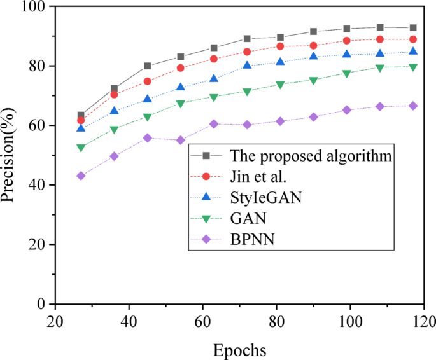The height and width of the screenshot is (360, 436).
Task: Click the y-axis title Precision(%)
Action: click(8, 155)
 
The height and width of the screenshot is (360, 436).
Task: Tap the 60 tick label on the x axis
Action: click(202, 319)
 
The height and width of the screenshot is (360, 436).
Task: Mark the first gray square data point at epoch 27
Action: click(81, 115)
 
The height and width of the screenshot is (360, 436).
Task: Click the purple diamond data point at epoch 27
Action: click(81, 176)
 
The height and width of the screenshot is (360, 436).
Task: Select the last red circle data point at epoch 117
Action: click(413, 39)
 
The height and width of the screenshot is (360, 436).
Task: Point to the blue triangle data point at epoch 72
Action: click(247, 66)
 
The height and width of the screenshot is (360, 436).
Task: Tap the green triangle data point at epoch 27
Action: click(81, 148)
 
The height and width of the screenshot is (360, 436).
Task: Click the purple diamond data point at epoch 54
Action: click(181, 140)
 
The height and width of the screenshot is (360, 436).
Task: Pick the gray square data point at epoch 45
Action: click(148, 66)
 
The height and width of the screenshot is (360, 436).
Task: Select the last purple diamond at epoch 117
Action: click(413, 106)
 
